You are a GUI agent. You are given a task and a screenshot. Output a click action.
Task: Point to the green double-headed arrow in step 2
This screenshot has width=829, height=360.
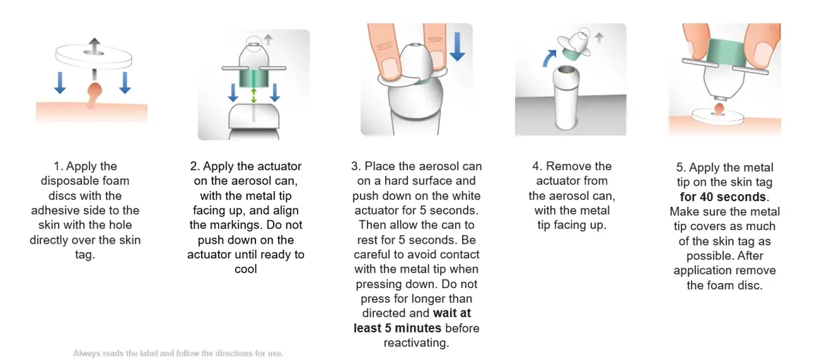(254, 96)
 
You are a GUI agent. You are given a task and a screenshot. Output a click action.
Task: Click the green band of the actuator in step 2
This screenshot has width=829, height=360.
(254, 78)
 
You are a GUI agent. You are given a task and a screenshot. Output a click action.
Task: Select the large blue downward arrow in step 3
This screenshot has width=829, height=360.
(456, 45)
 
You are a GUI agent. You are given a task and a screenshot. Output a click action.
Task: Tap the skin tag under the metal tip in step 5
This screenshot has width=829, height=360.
(719, 109)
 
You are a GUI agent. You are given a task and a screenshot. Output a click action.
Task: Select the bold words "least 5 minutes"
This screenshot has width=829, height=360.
(398, 328)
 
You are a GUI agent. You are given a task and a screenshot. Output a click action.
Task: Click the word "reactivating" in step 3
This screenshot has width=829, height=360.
(416, 342)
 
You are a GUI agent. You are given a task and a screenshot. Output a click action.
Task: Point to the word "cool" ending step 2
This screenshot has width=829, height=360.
(246, 268)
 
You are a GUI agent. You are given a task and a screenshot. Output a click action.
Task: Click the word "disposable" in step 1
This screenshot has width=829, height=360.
(86, 181)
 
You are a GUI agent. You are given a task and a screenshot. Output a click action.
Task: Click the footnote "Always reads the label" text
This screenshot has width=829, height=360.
(111, 353)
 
